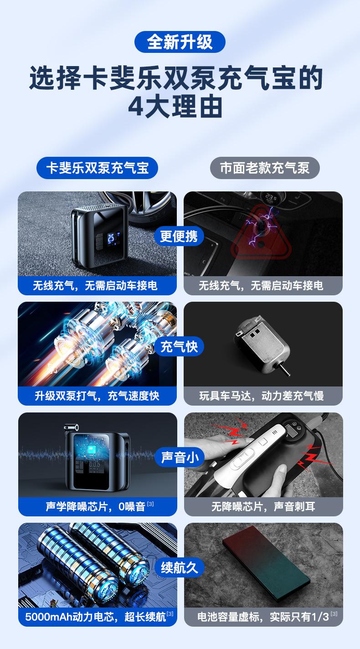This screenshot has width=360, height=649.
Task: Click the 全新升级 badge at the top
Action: (x=180, y=42)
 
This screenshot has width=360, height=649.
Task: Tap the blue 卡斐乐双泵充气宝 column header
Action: (x=97, y=168)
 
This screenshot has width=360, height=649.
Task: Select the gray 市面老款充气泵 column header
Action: (x=264, y=168)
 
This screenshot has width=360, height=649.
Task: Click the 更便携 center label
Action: (x=179, y=236)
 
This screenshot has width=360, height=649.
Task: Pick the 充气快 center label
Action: (x=179, y=346)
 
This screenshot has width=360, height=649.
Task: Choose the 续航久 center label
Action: (x=180, y=567)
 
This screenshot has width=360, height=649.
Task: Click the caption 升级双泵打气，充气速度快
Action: (x=97, y=396)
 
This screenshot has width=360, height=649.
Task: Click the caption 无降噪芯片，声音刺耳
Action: (x=263, y=506)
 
